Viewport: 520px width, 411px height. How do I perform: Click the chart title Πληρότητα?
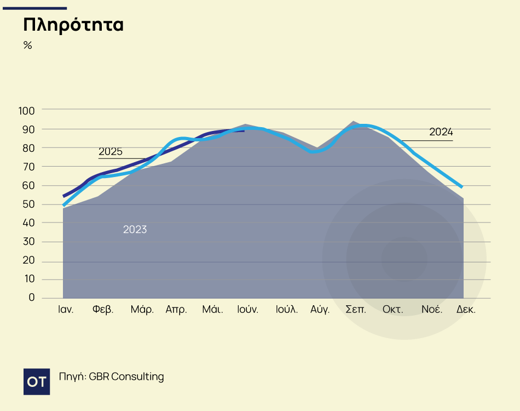point(73,25)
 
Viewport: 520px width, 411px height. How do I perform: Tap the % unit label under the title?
point(28,45)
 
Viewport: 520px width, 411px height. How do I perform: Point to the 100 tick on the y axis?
point(27,110)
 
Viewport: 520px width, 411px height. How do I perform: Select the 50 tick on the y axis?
point(29,204)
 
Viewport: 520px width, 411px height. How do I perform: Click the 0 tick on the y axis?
point(32,298)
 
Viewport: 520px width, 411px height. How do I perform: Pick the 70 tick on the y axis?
point(29,167)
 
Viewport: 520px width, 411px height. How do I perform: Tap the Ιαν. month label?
point(66,310)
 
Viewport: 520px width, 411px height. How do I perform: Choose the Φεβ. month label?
point(103,310)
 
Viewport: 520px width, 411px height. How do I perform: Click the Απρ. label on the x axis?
point(176,310)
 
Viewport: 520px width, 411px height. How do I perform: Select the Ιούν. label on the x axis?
point(248,310)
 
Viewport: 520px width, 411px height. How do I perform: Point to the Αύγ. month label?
point(320,310)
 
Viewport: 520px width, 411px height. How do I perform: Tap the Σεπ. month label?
point(356,310)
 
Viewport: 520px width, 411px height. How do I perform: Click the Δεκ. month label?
point(466,310)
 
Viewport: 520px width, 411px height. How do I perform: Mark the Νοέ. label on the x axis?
point(431,310)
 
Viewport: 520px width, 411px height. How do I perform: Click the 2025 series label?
point(111,152)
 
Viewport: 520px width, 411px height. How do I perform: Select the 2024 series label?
point(441,132)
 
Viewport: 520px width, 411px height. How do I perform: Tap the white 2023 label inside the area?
point(135,230)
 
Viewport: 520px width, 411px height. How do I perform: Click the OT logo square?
point(37,381)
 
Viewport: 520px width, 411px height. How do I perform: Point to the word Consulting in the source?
point(137,377)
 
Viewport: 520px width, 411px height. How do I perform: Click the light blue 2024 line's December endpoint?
point(463,187)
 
